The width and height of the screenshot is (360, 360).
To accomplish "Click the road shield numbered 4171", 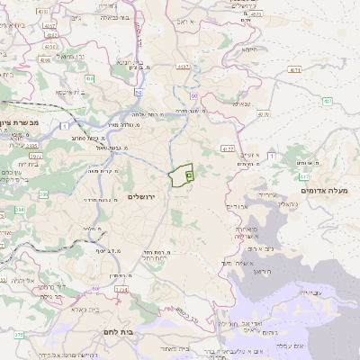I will click(294, 69).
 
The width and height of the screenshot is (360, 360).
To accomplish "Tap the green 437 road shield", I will click(328, 100).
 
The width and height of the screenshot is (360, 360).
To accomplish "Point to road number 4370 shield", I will click(265, 114).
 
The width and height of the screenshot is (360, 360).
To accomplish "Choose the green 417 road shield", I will click(305, 177).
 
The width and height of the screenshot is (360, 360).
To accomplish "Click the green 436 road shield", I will click(88, 78).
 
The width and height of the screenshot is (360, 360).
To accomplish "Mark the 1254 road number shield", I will click(121, 290).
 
